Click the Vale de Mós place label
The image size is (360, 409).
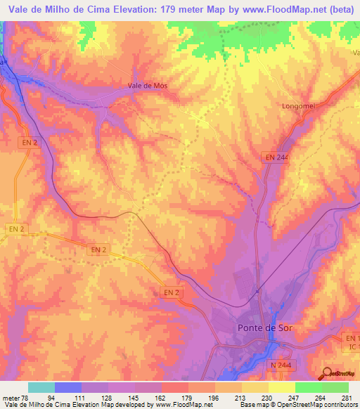pos(147,86)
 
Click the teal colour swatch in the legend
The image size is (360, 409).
pos(41,388)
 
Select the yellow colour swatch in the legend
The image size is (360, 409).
pos(281,388)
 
